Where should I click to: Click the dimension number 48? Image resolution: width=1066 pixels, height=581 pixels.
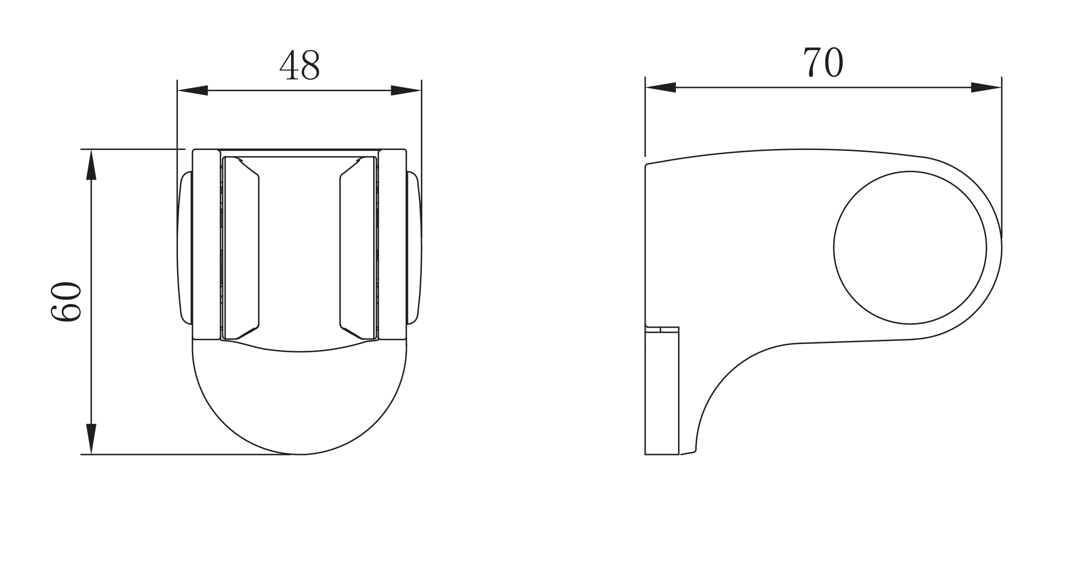299,64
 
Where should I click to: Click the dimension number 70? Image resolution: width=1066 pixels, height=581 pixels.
823,62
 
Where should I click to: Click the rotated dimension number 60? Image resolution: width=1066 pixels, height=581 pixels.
66,302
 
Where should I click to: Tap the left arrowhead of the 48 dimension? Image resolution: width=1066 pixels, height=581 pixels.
192,90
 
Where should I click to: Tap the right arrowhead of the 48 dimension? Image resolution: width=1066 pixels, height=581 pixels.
406,90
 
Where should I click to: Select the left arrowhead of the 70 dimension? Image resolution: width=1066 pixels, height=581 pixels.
660,87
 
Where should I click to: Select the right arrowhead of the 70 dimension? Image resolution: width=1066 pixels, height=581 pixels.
986,87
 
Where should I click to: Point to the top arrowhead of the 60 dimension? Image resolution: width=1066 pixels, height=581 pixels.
91,164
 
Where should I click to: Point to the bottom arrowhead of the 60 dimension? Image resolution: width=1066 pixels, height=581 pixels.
91,439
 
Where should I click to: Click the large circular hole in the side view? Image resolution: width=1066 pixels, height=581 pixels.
910,248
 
